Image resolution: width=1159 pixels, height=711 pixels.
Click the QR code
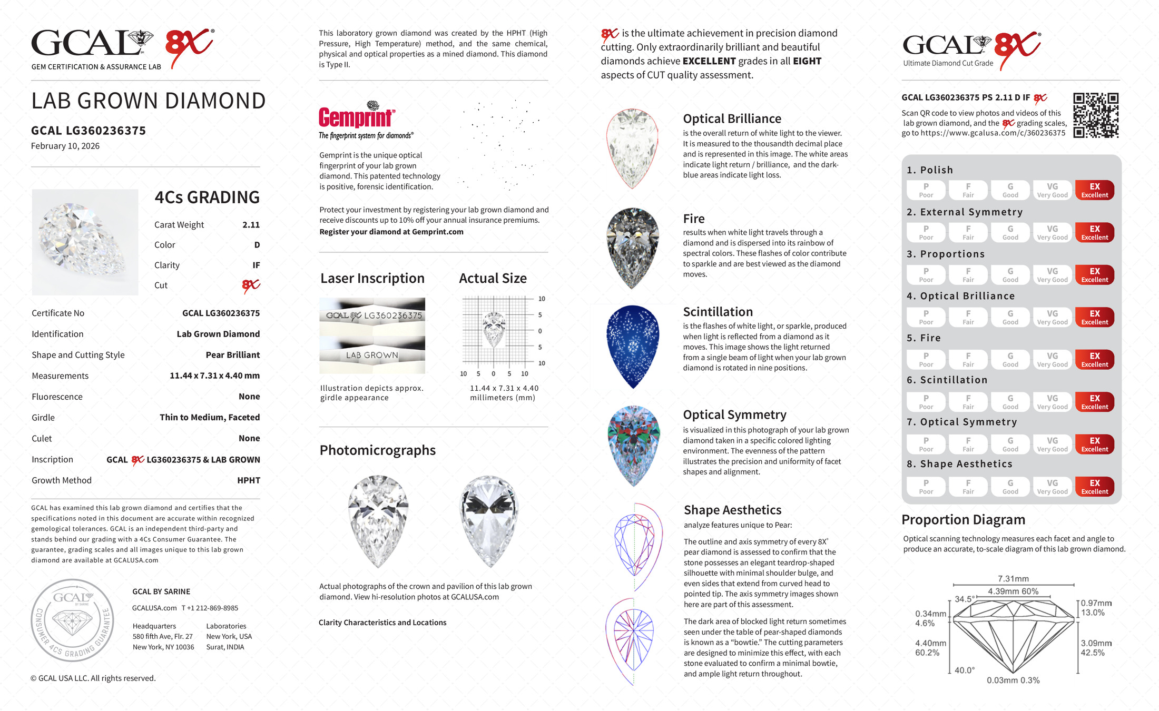[x=1096, y=115]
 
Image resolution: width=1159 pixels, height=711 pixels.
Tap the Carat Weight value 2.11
[x=251, y=225]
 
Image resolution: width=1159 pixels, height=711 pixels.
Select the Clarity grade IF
[x=256, y=265]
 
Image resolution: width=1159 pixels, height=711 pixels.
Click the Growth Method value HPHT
[x=249, y=480]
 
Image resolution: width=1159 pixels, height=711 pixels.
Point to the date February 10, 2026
[x=65, y=146]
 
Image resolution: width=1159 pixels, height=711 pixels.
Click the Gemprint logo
[x=357, y=117]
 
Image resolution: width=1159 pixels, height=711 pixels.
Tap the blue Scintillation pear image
[x=633, y=345]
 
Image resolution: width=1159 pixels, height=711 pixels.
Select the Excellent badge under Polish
[x=1094, y=190]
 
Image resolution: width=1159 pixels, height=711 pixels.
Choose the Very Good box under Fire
[x=1052, y=360]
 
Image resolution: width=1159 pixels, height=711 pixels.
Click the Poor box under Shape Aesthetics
[x=926, y=487]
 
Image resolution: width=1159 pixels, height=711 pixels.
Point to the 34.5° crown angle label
[x=964, y=599]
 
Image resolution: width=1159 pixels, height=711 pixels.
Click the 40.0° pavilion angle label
[x=964, y=670]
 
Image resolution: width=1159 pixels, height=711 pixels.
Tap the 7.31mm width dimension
[x=1013, y=579]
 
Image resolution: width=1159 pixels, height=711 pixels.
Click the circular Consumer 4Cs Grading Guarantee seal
[x=72, y=620]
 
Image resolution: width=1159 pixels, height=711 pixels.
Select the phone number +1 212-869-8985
[x=210, y=608]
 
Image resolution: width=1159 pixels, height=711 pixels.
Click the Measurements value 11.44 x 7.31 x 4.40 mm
[x=214, y=376]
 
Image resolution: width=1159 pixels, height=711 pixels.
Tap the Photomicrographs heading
[x=377, y=450]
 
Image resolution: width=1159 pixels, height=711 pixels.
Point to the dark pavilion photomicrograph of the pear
[x=489, y=520]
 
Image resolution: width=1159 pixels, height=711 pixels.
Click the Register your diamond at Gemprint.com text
[x=391, y=232]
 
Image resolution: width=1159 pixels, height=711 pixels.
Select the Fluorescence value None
[x=249, y=397]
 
